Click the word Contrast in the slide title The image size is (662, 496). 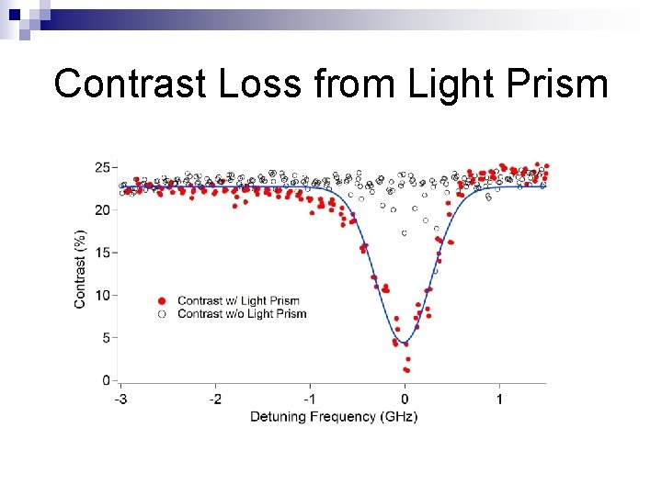tap(130, 84)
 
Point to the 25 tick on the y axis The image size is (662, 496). tap(102, 167)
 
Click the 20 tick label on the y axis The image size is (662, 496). tap(102, 210)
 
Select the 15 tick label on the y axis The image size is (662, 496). tap(102, 253)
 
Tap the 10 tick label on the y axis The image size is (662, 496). tap(102, 295)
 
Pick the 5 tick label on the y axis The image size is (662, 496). tap(106, 338)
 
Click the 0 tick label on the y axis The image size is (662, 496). tap(106, 380)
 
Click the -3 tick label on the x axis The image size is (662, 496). tap(120, 400)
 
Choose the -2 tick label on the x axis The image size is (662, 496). tap(215, 400)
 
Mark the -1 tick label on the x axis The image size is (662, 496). tap(310, 400)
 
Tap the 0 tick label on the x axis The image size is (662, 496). tap(405, 400)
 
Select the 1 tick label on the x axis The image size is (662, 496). tap(499, 400)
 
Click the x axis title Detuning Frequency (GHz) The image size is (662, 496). tap(334, 417)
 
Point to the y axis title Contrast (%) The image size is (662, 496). tap(80, 268)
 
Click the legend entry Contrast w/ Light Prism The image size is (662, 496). tap(238, 300)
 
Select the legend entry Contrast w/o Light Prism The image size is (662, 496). tap(241, 313)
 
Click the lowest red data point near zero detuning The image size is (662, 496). tap(406, 370)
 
